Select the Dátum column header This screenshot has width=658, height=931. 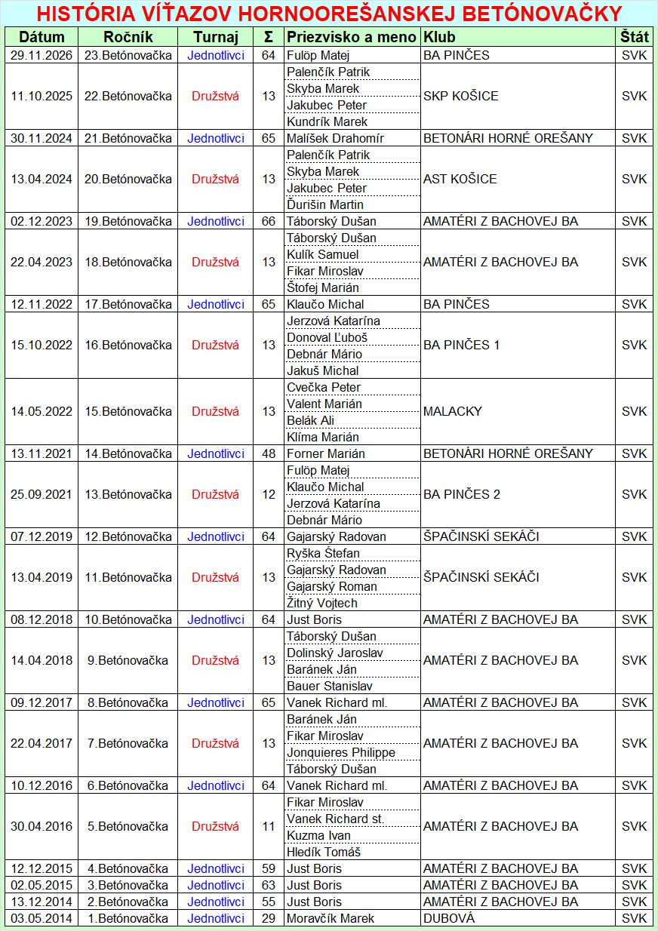[42, 37]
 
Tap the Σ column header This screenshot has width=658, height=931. [269, 37]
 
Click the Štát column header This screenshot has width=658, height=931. [634, 37]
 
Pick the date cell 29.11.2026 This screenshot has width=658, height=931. [42, 55]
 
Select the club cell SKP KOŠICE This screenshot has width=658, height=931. [460, 96]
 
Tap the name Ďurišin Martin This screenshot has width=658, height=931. [324, 204]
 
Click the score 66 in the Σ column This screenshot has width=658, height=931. [269, 221]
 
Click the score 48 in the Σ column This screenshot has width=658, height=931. [269, 453]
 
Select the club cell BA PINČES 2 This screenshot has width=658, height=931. [461, 494]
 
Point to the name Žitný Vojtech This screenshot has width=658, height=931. [321, 603]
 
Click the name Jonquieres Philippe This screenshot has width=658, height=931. [340, 752]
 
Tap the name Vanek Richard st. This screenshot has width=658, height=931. [335, 819]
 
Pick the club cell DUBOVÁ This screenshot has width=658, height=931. [449, 918]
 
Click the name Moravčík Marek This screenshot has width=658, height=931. [330, 918]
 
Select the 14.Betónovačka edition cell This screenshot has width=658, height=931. [128, 453]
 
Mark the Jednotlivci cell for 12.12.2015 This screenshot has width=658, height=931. [216, 868]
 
